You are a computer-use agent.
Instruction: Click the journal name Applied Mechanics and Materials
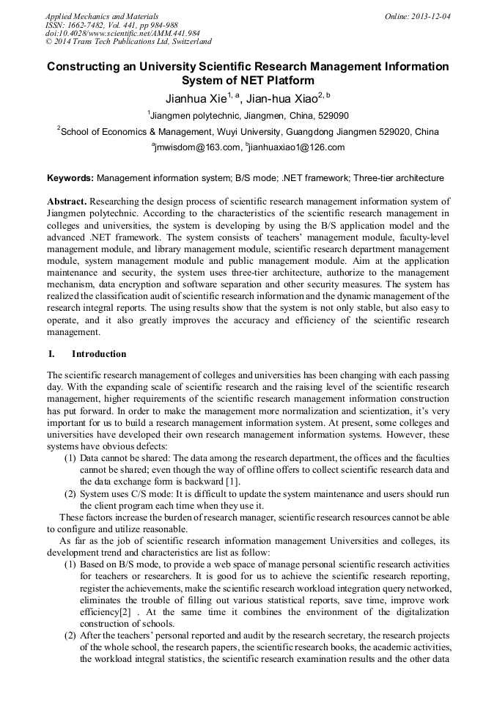point(102,16)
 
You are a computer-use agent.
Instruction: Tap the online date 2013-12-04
point(430,16)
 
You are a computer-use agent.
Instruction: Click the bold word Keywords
point(70,178)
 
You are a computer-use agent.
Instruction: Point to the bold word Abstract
point(67,202)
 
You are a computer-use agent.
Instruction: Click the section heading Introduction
point(99,354)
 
